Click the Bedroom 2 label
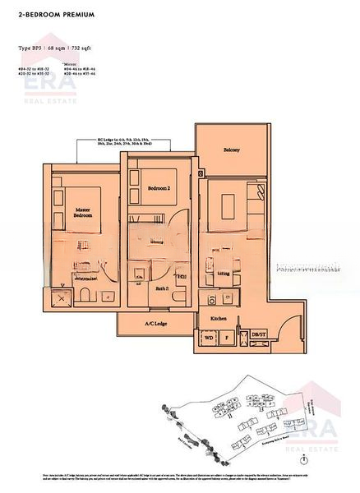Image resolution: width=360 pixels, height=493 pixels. (x=159, y=189)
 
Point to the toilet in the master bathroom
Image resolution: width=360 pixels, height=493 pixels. (x=85, y=297)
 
